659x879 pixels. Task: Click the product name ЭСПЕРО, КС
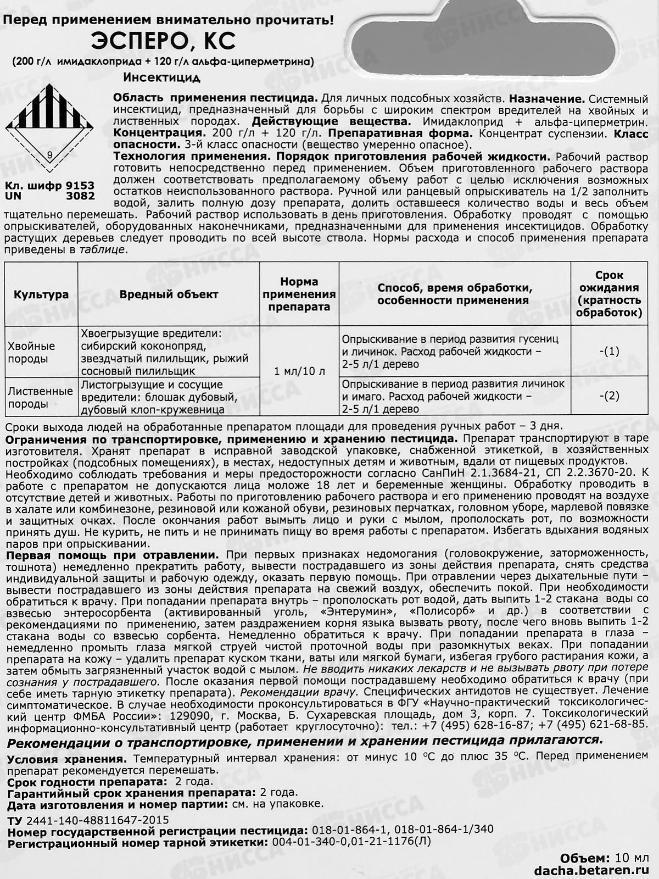click(x=163, y=42)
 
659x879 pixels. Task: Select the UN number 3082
click(x=80, y=196)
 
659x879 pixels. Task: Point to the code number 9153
click(x=80, y=186)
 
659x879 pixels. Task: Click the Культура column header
click(x=41, y=294)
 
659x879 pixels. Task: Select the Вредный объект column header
click(x=169, y=294)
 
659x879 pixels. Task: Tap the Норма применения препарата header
click(x=299, y=294)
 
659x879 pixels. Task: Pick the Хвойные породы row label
click(x=31, y=352)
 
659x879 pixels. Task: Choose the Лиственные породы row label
click(x=40, y=397)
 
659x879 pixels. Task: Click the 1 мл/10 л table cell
click(x=299, y=371)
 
